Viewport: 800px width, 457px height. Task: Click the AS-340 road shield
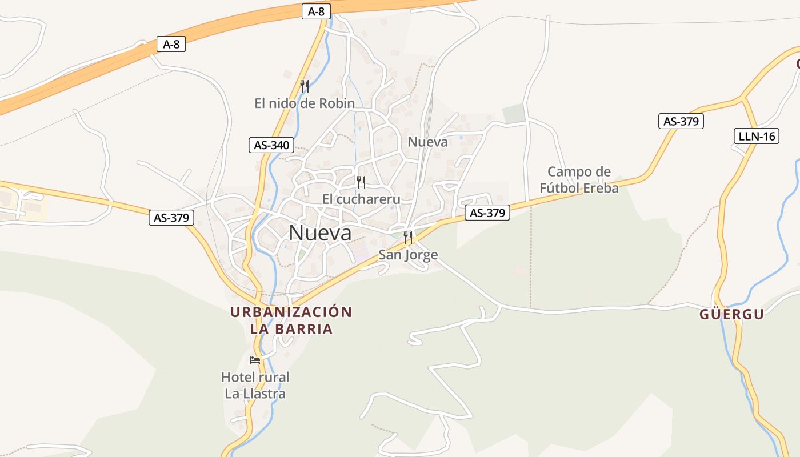[271, 145]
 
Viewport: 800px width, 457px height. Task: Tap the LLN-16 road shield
[755, 136]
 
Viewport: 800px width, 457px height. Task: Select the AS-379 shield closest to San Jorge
[487, 213]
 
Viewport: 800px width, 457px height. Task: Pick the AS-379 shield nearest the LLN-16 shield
[681, 121]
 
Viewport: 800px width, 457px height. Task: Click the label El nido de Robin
[305, 103]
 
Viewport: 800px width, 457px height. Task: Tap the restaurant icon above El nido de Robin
[305, 86]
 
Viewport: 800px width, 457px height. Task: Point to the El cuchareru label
[361, 199]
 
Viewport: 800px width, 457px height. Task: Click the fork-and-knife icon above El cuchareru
[361, 182]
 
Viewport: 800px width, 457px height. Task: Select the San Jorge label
[409, 255]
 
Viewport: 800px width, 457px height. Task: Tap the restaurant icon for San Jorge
[408, 238]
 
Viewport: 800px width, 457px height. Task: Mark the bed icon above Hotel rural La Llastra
[255, 360]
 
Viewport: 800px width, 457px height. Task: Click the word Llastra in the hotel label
[263, 394]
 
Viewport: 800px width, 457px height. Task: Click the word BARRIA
[306, 329]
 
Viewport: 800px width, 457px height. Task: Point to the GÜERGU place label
[732, 314]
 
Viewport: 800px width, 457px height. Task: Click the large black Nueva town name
[320, 232]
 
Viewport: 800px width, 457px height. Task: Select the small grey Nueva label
[428, 142]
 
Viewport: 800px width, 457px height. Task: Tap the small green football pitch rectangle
[514, 114]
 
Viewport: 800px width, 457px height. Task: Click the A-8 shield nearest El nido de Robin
[316, 11]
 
